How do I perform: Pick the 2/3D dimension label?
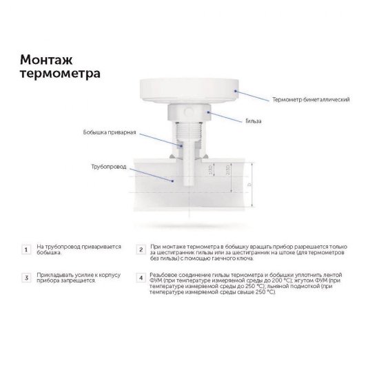tap(228, 176)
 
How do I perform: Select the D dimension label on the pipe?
tap(250, 186)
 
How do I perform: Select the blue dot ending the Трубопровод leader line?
tap(172, 178)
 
